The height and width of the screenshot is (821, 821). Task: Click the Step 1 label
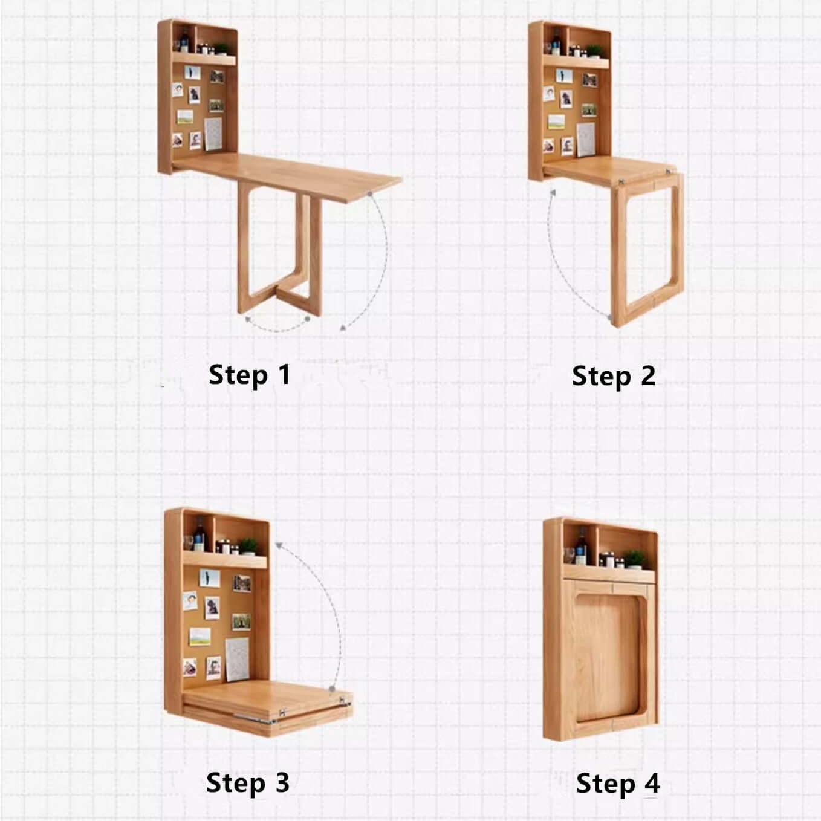coord(249,375)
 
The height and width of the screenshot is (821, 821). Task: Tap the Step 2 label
coord(613,376)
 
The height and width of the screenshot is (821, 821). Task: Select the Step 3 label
coord(248,783)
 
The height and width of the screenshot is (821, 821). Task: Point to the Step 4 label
coord(618,784)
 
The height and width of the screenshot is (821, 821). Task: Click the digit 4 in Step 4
coord(652,784)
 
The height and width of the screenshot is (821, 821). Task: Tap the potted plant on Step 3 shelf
coord(248,546)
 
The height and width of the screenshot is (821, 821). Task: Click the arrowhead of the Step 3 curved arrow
coord(279,545)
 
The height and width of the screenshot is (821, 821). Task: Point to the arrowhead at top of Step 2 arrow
coord(551,193)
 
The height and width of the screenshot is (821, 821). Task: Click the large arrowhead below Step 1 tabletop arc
coord(343,327)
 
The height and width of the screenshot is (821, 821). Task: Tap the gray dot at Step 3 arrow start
coord(332,689)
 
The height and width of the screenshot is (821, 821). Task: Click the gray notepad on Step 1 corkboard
coord(213,133)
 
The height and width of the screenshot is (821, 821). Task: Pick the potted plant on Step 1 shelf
coord(221,48)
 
